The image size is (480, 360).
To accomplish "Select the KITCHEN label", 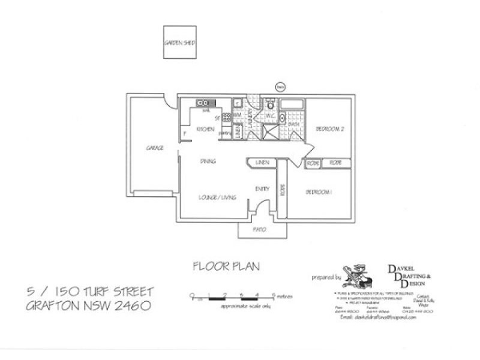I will pos(205,129).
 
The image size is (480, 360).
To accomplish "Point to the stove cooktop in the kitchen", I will pos(227,117).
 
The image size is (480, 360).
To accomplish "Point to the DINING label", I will pos(208,161).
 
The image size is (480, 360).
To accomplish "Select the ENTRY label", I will pos(262,188).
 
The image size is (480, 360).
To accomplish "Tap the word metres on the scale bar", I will pos(284,296).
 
